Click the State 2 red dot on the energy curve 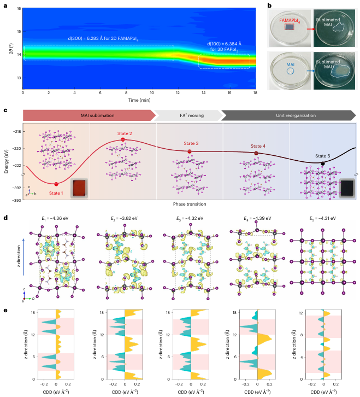(x=123, y=139)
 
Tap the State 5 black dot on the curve (x=323, y=164)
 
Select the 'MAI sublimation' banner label (x=97, y=115)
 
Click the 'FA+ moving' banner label (x=192, y=115)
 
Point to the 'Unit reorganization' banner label (x=296, y=115)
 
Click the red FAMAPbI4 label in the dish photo (x=290, y=21)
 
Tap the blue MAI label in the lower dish (x=291, y=65)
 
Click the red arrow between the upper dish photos (x=311, y=29)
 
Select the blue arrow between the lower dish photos (x=311, y=71)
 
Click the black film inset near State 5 (x=347, y=188)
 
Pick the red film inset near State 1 (x=79, y=188)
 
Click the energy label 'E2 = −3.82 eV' (x=124, y=218)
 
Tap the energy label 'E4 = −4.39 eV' (x=257, y=218)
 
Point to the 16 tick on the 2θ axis (x=19, y=9)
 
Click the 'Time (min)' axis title (x=139, y=100)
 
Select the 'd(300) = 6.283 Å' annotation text (x=85, y=38)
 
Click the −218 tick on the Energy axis (x=17, y=132)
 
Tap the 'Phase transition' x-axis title (x=190, y=204)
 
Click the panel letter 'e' (x=5, y=311)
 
